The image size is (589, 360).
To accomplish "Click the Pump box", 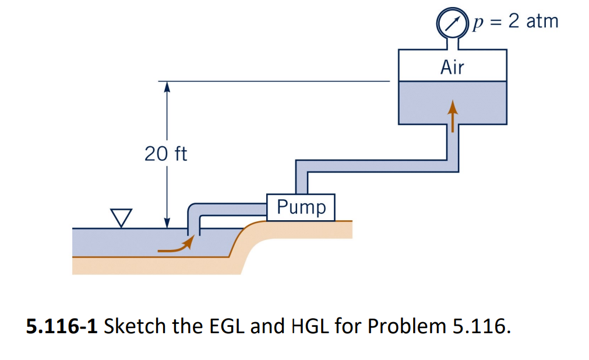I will [x=301, y=207].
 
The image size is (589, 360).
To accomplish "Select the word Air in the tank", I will [x=452, y=68].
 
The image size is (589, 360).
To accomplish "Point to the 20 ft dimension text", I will [x=166, y=154].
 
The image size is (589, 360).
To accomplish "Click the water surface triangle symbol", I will [x=122, y=217].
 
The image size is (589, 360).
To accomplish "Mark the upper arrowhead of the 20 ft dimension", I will [x=167, y=87].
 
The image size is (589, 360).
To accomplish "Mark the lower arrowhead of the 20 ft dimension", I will [x=167, y=222].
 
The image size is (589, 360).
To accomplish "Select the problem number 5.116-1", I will [x=62, y=326].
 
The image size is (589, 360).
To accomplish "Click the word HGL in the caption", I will [x=310, y=326].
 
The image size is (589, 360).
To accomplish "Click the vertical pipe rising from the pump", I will [x=301, y=178].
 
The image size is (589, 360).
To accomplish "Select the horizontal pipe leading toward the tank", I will [x=373, y=164].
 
